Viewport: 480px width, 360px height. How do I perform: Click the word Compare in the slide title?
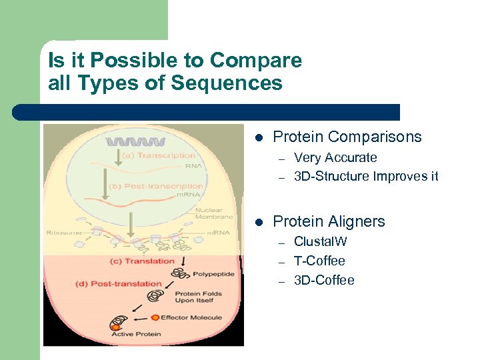click(255, 61)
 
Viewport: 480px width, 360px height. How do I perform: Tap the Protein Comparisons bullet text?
click(347, 137)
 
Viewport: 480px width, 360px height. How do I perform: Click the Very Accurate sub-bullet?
click(335, 158)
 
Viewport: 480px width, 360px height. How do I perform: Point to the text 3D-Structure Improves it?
click(366, 176)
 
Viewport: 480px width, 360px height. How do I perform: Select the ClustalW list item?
click(320, 242)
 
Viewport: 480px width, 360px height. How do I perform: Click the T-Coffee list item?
click(319, 261)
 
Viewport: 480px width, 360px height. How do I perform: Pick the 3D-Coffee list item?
click(324, 280)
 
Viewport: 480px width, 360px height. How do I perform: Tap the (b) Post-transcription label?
click(157, 186)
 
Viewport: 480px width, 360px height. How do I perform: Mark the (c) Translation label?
click(142, 261)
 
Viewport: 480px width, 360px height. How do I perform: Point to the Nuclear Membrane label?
click(213, 213)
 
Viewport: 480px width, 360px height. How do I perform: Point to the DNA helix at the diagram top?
click(137, 142)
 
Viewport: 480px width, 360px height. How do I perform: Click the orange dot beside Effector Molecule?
click(155, 317)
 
